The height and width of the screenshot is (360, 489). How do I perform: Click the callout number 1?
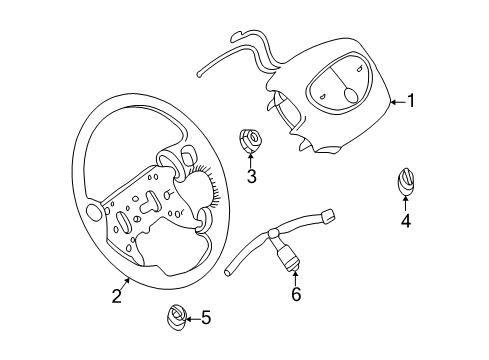[x=410, y=101]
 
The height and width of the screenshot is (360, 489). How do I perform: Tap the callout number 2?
[x=117, y=295]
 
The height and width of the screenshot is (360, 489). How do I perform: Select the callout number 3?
[x=252, y=178]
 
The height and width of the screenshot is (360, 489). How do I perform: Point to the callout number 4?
[x=405, y=220]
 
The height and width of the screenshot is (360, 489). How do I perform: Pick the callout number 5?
[x=206, y=318]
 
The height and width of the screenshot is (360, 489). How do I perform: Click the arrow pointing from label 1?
[x=396, y=101]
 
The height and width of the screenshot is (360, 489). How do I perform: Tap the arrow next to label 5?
[x=192, y=318]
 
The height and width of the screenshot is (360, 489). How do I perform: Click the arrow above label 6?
[x=294, y=278]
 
